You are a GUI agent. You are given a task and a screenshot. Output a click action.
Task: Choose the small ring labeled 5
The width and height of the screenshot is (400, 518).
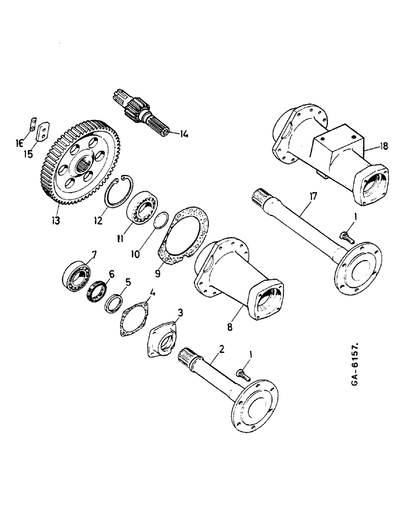(x=114, y=303)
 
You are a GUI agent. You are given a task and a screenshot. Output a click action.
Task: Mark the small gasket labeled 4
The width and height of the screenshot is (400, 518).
(x=134, y=314)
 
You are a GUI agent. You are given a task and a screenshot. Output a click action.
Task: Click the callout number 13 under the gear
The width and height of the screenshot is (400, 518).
(x=55, y=220)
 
